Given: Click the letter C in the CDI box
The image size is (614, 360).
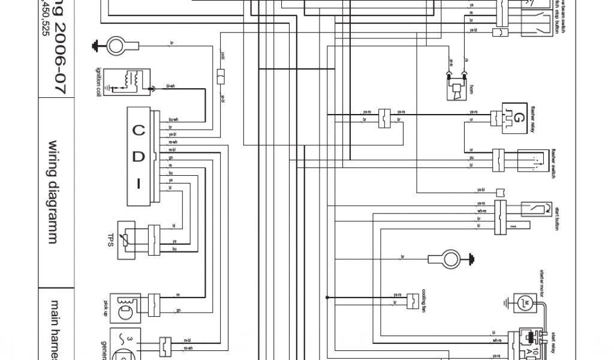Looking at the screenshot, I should pyautogui.click(x=139, y=130).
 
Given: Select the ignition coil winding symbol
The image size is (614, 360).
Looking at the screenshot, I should pyautogui.click(x=132, y=79).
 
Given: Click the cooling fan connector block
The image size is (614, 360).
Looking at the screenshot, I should pyautogui.click(x=412, y=299).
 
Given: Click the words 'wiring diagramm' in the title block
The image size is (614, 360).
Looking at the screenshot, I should pyautogui.click(x=53, y=191).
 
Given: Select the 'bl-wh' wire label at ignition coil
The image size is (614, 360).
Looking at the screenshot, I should pyautogui.click(x=171, y=86).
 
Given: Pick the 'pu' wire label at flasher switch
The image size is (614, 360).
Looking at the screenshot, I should pyautogui.click(x=471, y=158).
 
